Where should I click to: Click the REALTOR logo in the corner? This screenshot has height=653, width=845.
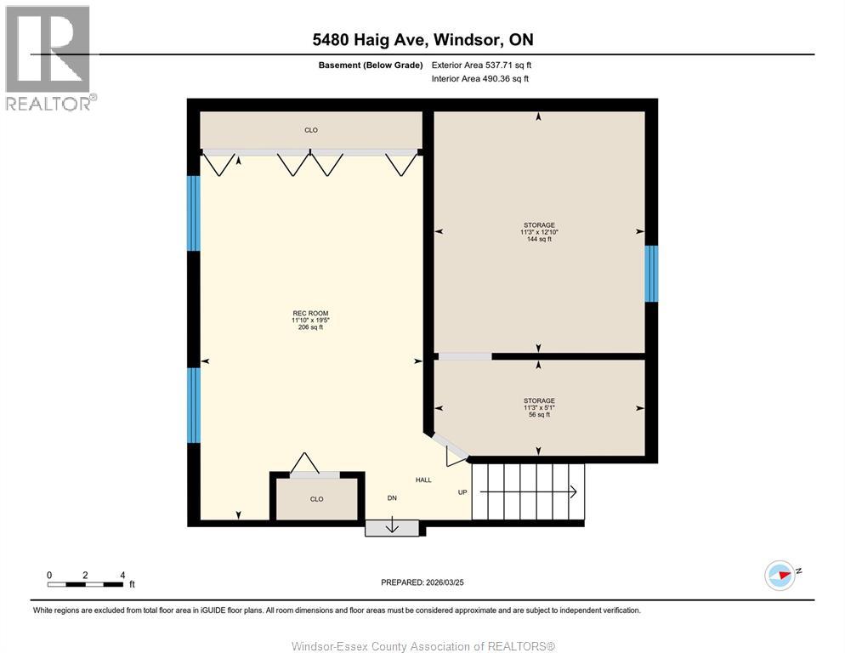48,57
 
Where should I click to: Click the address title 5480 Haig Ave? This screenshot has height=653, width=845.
422,39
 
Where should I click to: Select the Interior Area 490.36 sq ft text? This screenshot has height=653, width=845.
480,78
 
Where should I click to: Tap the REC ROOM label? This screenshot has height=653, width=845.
310,320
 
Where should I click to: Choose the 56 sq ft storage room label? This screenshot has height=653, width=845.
539,407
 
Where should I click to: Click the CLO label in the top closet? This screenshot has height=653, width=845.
311,130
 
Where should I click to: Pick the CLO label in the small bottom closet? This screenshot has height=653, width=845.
316,499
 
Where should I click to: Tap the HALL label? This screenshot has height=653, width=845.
423,480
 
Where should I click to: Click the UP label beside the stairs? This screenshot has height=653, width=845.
462,492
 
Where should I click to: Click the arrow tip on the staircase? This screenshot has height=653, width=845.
576,491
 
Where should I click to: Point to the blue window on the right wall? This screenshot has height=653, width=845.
651,274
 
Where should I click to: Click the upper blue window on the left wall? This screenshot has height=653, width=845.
194,213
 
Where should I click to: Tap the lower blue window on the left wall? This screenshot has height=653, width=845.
194,405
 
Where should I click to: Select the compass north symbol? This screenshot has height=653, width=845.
780,575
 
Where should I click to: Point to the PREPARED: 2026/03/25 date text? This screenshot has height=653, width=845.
422,582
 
